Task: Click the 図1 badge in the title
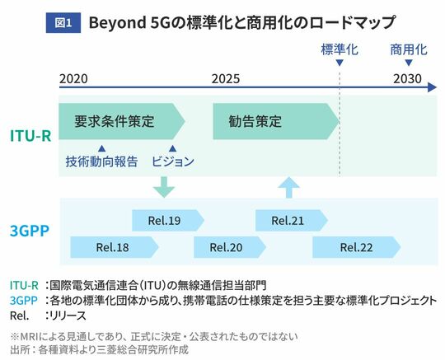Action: [x=63, y=23]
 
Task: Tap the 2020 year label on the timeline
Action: [x=73, y=78]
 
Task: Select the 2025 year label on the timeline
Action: [x=226, y=78]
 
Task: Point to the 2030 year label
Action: [x=407, y=78]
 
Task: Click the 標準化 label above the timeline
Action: [x=340, y=49]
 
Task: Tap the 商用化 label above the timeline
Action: [x=409, y=49]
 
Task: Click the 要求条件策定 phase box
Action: [x=122, y=121]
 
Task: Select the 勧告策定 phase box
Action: [x=276, y=121]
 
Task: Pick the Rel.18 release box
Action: [x=115, y=247]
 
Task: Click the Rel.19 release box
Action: [x=168, y=221]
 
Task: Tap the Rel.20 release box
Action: [x=230, y=247]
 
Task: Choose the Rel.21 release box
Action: [x=292, y=221]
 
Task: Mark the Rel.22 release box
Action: [x=357, y=247]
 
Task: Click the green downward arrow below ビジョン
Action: [x=164, y=187]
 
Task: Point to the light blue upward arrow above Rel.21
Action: [x=289, y=187]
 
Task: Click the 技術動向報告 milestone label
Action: [x=101, y=161]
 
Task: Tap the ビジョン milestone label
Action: [x=173, y=161]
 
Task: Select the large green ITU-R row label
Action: [x=30, y=136]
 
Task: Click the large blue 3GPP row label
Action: [x=30, y=231]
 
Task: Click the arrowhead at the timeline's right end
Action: [x=432, y=87]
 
